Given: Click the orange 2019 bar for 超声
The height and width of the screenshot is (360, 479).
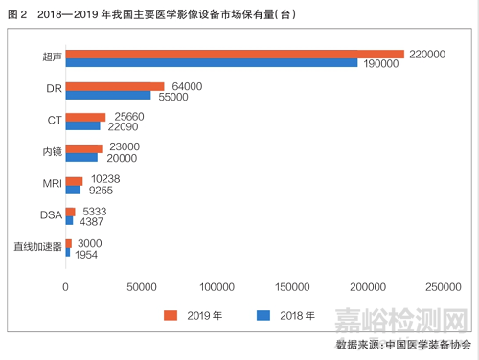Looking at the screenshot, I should [235, 55].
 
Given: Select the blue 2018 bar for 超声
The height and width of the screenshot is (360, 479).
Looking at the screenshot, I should [212, 63].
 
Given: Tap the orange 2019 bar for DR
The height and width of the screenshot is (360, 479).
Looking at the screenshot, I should [115, 86].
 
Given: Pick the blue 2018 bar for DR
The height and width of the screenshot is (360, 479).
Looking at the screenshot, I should [108, 96].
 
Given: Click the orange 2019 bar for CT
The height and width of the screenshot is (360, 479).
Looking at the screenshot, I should [85, 117].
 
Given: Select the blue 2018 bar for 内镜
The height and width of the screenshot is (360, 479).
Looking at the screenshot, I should [81, 157].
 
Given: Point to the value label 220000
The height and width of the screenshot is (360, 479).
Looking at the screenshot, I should [427, 55].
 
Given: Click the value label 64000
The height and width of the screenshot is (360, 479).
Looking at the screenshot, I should [186, 86].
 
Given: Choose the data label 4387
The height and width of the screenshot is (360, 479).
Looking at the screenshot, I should [91, 221].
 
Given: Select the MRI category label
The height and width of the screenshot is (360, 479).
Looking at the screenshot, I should [52, 185].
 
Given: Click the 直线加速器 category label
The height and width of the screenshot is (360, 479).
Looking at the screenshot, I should [37, 247].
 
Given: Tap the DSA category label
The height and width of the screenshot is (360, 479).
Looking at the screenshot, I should [52, 216].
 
